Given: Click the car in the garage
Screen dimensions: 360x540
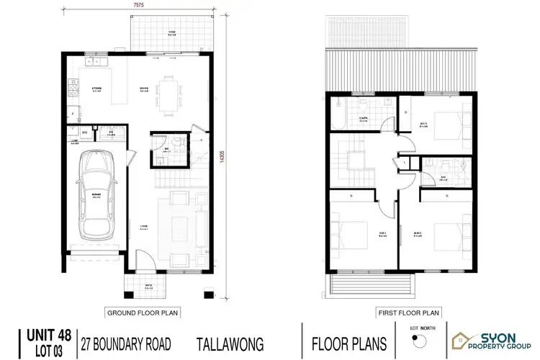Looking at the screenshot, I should [97, 196].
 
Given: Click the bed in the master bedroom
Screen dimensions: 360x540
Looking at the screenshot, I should [444, 235].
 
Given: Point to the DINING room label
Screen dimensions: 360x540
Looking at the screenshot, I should [143, 88].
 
